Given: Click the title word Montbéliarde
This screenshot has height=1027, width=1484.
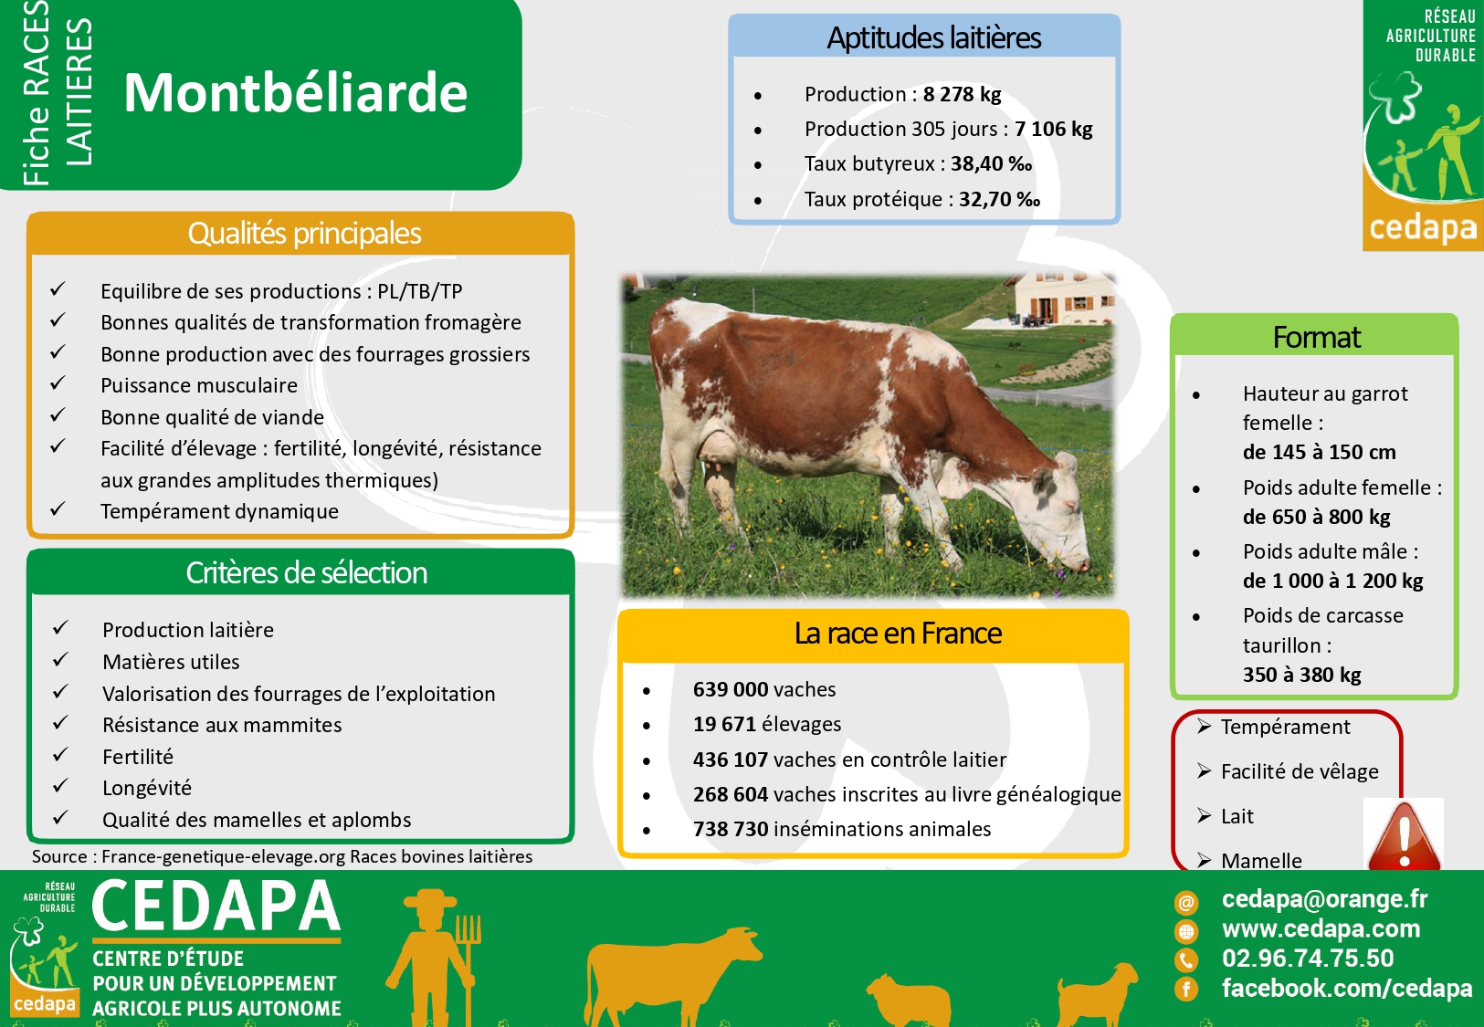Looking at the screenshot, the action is click(x=296, y=92).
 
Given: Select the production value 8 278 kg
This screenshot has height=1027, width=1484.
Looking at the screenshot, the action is click(x=962, y=94).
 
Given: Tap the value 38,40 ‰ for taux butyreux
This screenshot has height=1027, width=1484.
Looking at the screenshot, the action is click(x=992, y=163).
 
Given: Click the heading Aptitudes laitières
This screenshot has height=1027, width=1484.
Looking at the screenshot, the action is click(x=933, y=37).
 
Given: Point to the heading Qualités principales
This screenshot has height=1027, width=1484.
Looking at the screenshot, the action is click(x=304, y=233).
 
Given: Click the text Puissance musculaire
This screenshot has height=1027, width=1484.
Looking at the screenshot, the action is click(x=199, y=384).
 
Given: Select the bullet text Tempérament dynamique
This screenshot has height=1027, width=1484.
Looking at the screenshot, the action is click(x=219, y=511).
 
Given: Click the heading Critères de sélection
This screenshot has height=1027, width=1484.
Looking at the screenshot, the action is click(x=306, y=572).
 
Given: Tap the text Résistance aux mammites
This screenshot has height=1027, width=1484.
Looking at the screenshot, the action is click(x=222, y=725).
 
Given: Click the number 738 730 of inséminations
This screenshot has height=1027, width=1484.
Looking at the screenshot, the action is click(x=731, y=829).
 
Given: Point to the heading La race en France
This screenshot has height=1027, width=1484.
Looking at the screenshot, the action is click(x=898, y=634).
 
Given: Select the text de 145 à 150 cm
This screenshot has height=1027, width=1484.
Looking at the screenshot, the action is click(x=1319, y=452).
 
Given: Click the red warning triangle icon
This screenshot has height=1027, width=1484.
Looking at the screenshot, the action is click(x=1404, y=835).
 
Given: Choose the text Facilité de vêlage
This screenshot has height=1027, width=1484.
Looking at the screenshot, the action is click(x=1300, y=771).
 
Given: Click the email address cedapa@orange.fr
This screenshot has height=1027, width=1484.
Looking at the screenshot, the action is click(x=1324, y=898).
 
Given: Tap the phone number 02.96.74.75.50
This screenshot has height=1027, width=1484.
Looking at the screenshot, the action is click(x=1308, y=959).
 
